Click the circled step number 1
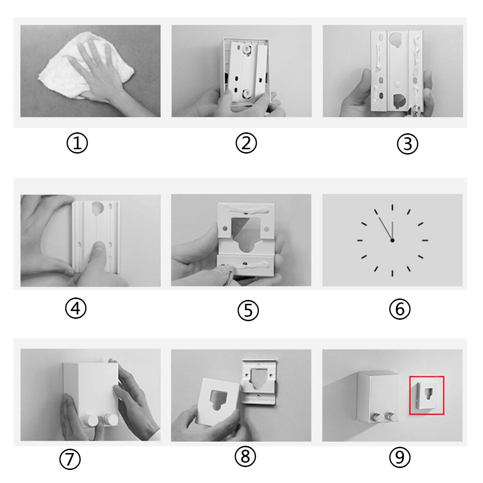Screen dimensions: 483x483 pyautogui.click(x=77, y=143)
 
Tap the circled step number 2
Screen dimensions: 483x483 pyautogui.click(x=246, y=143)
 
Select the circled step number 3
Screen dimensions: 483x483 pyautogui.click(x=408, y=144)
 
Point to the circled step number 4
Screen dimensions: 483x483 pyautogui.click(x=76, y=308)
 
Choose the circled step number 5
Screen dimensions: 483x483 pyautogui.click(x=248, y=311)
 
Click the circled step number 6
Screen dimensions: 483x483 pyautogui.click(x=400, y=309)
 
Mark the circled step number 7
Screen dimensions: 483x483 pyautogui.click(x=70, y=459)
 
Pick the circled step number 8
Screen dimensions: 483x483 pyautogui.click(x=245, y=456)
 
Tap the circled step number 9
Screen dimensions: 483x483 pyautogui.click(x=400, y=457)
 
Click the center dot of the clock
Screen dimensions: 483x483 pyautogui.click(x=392, y=240)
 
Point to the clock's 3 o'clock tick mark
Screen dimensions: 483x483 pyautogui.click(x=425, y=240)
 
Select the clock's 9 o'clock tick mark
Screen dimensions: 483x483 pyautogui.click(x=360, y=240)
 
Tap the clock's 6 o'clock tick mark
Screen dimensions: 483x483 pyautogui.click(x=392, y=273)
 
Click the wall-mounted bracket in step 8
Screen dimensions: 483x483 pyautogui.click(x=258, y=382)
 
